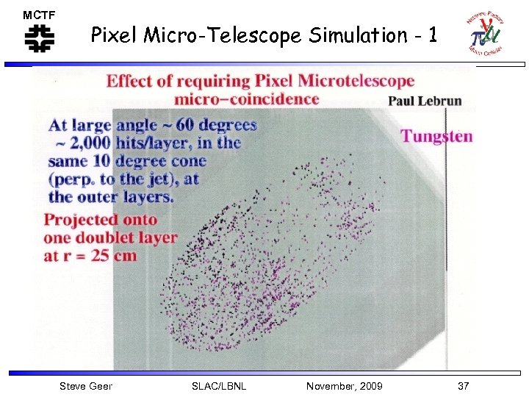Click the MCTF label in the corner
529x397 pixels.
tap(39, 15)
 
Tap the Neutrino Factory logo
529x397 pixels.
tap(484, 34)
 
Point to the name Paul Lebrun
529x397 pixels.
tap(425, 101)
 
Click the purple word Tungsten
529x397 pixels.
tap(436, 136)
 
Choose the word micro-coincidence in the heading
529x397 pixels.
tap(247, 99)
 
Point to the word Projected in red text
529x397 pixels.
tap(81, 219)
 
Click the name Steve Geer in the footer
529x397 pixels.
tap(86, 386)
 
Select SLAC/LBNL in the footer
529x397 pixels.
tap(218, 386)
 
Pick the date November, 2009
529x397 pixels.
tap(345, 386)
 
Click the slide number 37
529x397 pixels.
tap(463, 386)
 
